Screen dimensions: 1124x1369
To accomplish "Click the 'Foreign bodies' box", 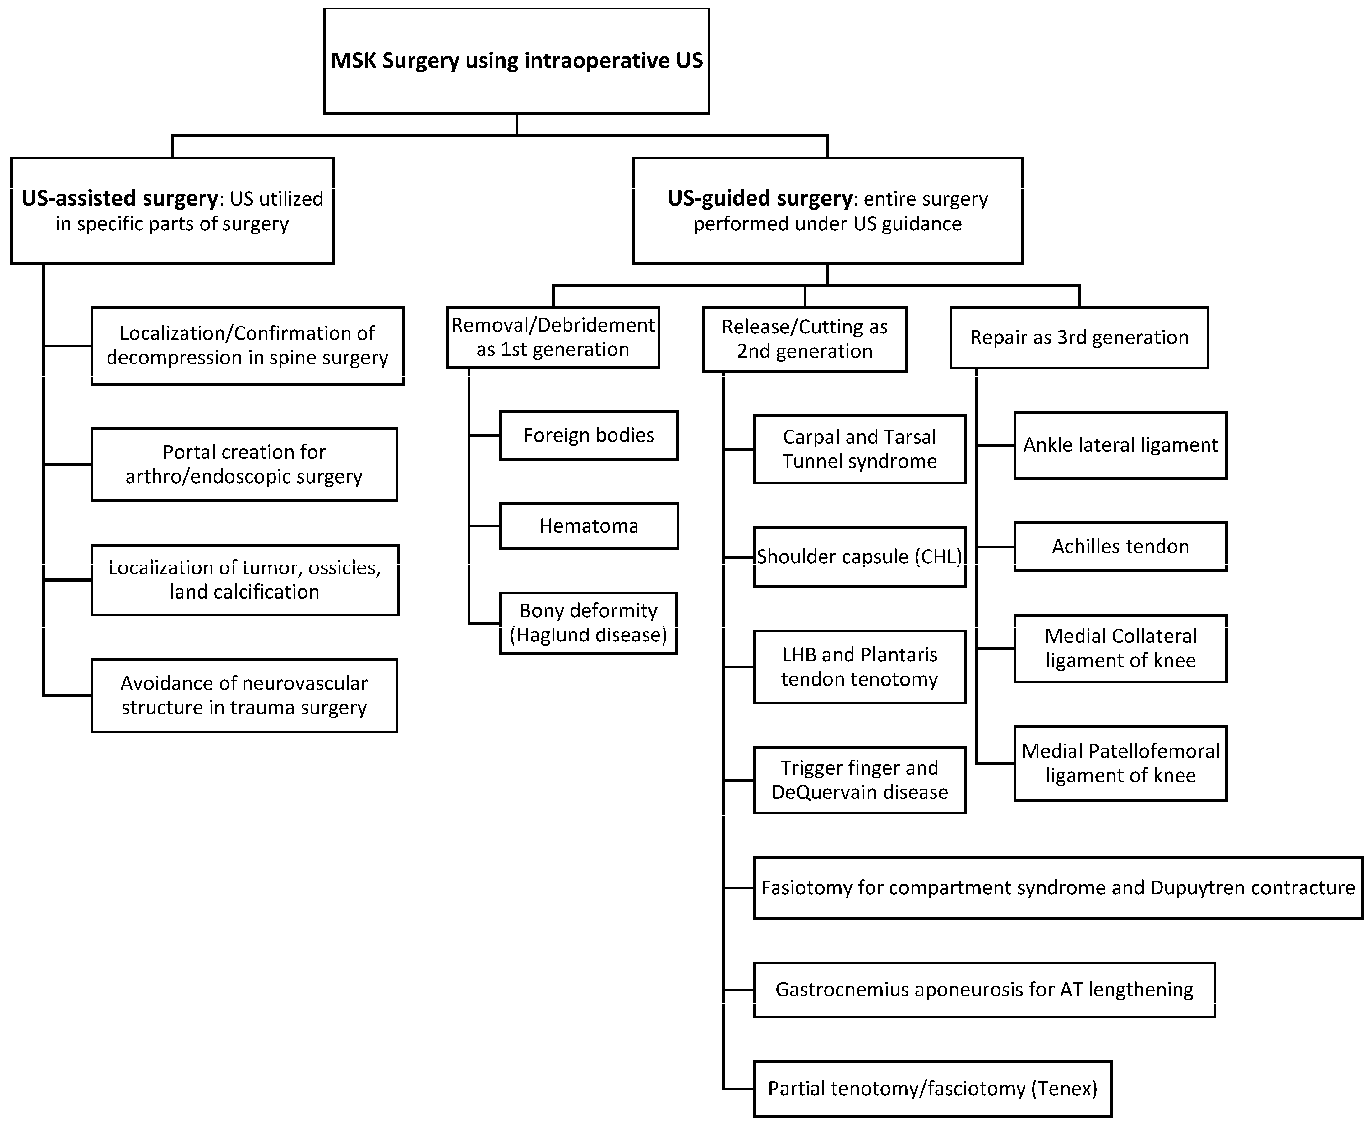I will coord(589,435).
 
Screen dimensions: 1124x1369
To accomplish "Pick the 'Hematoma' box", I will coord(589,526).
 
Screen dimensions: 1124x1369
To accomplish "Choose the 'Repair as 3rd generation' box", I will coord(1079,337).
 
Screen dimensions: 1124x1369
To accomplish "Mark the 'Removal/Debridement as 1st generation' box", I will coord(553,337).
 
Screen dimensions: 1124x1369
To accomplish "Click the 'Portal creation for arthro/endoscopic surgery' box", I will coord(244,464).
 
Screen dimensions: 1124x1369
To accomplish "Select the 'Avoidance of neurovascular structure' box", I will coord(244,695).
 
